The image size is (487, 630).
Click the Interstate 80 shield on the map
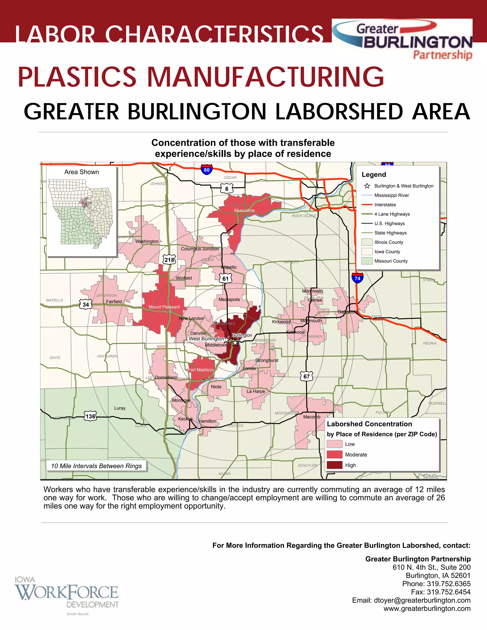207,170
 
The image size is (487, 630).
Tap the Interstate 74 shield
357,278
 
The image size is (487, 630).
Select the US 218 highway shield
169,260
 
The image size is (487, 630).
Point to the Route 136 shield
90,416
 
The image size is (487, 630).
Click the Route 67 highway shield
306,376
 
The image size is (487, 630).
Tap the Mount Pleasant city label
164,307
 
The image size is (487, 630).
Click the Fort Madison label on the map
201,370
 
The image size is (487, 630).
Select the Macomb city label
312,417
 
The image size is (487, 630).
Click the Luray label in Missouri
120,408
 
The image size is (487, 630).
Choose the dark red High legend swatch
334,465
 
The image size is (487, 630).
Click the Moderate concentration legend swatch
334,455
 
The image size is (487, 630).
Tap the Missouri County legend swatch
367,261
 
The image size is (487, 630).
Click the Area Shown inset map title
82,172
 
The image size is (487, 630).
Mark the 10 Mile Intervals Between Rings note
96,466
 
